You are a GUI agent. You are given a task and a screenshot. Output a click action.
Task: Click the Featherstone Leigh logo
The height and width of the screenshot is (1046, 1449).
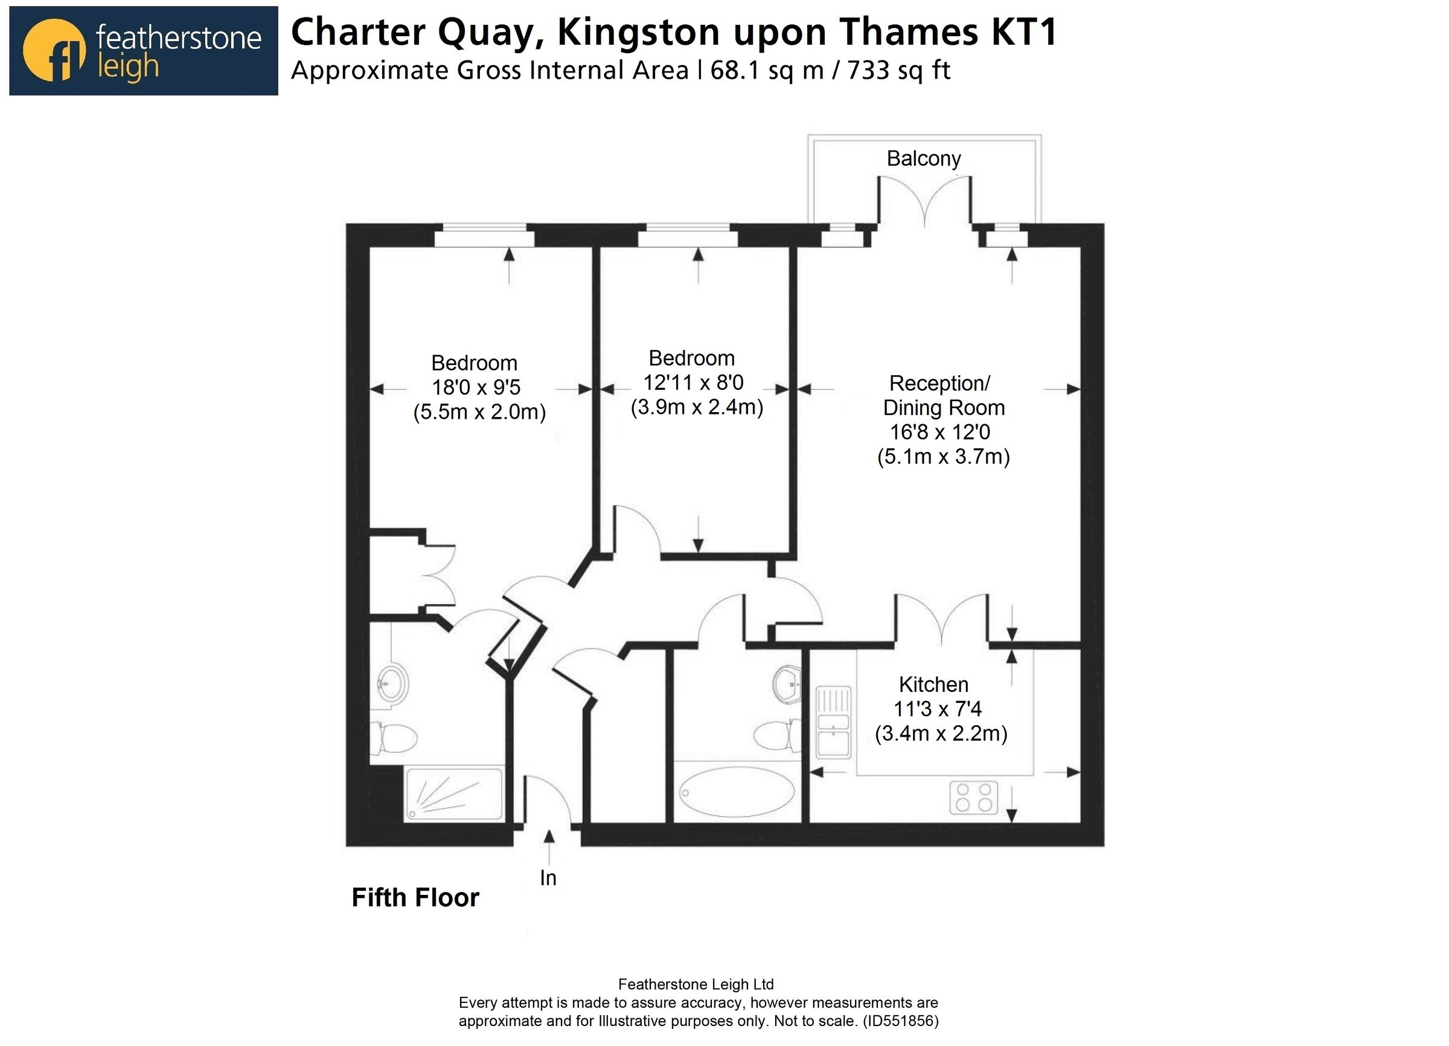click(x=143, y=51)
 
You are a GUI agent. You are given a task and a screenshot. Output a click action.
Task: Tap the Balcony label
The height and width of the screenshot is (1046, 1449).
click(x=923, y=158)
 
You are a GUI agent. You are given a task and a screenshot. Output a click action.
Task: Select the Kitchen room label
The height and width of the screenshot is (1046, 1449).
click(x=933, y=685)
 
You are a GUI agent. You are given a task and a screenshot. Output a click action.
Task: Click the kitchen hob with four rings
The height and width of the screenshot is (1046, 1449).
click(x=973, y=798)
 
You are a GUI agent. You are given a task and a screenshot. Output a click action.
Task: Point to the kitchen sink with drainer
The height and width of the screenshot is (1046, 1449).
click(x=834, y=723)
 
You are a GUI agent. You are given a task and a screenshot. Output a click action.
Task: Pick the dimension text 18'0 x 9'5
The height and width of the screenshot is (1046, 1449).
click(x=476, y=387)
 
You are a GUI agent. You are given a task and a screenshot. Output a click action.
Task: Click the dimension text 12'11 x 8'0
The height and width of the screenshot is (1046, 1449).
click(x=693, y=383)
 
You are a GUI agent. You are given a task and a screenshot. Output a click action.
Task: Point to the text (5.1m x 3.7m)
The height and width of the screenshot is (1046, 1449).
click(x=943, y=456)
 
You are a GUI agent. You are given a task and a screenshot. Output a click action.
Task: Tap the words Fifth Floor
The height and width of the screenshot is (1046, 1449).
click(x=415, y=898)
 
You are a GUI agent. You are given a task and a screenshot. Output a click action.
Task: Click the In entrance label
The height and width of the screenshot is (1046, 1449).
click(x=548, y=879)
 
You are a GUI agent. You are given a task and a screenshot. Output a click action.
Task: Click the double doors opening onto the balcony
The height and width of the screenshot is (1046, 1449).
click(x=924, y=201)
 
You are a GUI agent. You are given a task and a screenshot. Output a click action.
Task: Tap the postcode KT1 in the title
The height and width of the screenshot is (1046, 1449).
click(x=1023, y=32)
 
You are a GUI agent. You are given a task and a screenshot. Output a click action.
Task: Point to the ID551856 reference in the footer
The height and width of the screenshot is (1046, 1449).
click(x=901, y=1021)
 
